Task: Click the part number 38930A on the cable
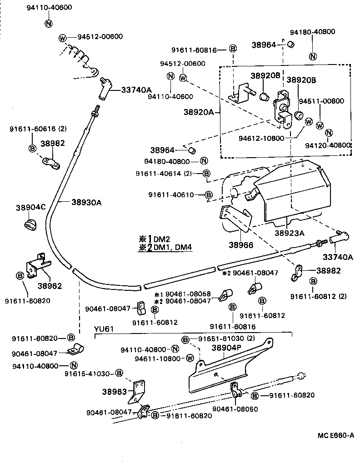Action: coord(86,203)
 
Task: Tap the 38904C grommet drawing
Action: coord(30,224)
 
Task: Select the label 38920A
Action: coord(199,112)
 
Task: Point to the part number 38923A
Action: coord(289,233)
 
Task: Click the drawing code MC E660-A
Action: coord(335,435)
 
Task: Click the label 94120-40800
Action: coord(329,145)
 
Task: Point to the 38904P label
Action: coord(226,348)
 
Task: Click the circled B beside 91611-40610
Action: coord(209,195)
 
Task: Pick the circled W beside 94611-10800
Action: coord(190,358)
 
